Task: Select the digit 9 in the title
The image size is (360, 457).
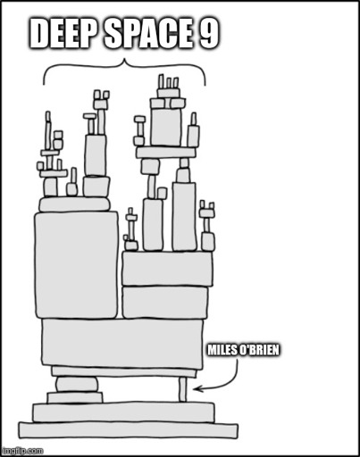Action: click(209, 33)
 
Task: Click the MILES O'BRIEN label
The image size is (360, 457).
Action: click(243, 350)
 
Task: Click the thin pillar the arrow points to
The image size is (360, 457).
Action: click(183, 389)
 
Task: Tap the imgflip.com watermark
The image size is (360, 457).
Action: click(22, 451)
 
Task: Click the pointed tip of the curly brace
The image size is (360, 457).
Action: click(124, 60)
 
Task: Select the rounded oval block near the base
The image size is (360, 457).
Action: click(77, 384)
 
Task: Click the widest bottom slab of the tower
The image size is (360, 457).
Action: click(129, 430)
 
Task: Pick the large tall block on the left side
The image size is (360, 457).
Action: click(76, 265)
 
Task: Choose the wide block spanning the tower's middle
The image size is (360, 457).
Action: click(122, 342)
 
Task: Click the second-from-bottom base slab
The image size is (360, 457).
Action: click(123, 412)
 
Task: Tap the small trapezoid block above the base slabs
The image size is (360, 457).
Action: click(75, 397)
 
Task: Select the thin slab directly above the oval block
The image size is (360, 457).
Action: click(124, 371)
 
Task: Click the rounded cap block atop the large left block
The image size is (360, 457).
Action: click(75, 204)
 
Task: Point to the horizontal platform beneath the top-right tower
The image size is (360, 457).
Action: click(166, 153)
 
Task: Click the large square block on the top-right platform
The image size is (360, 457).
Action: click(166, 127)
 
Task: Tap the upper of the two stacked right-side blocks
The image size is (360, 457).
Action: click(168, 269)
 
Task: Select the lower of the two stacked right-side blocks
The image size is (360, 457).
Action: click(165, 303)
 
